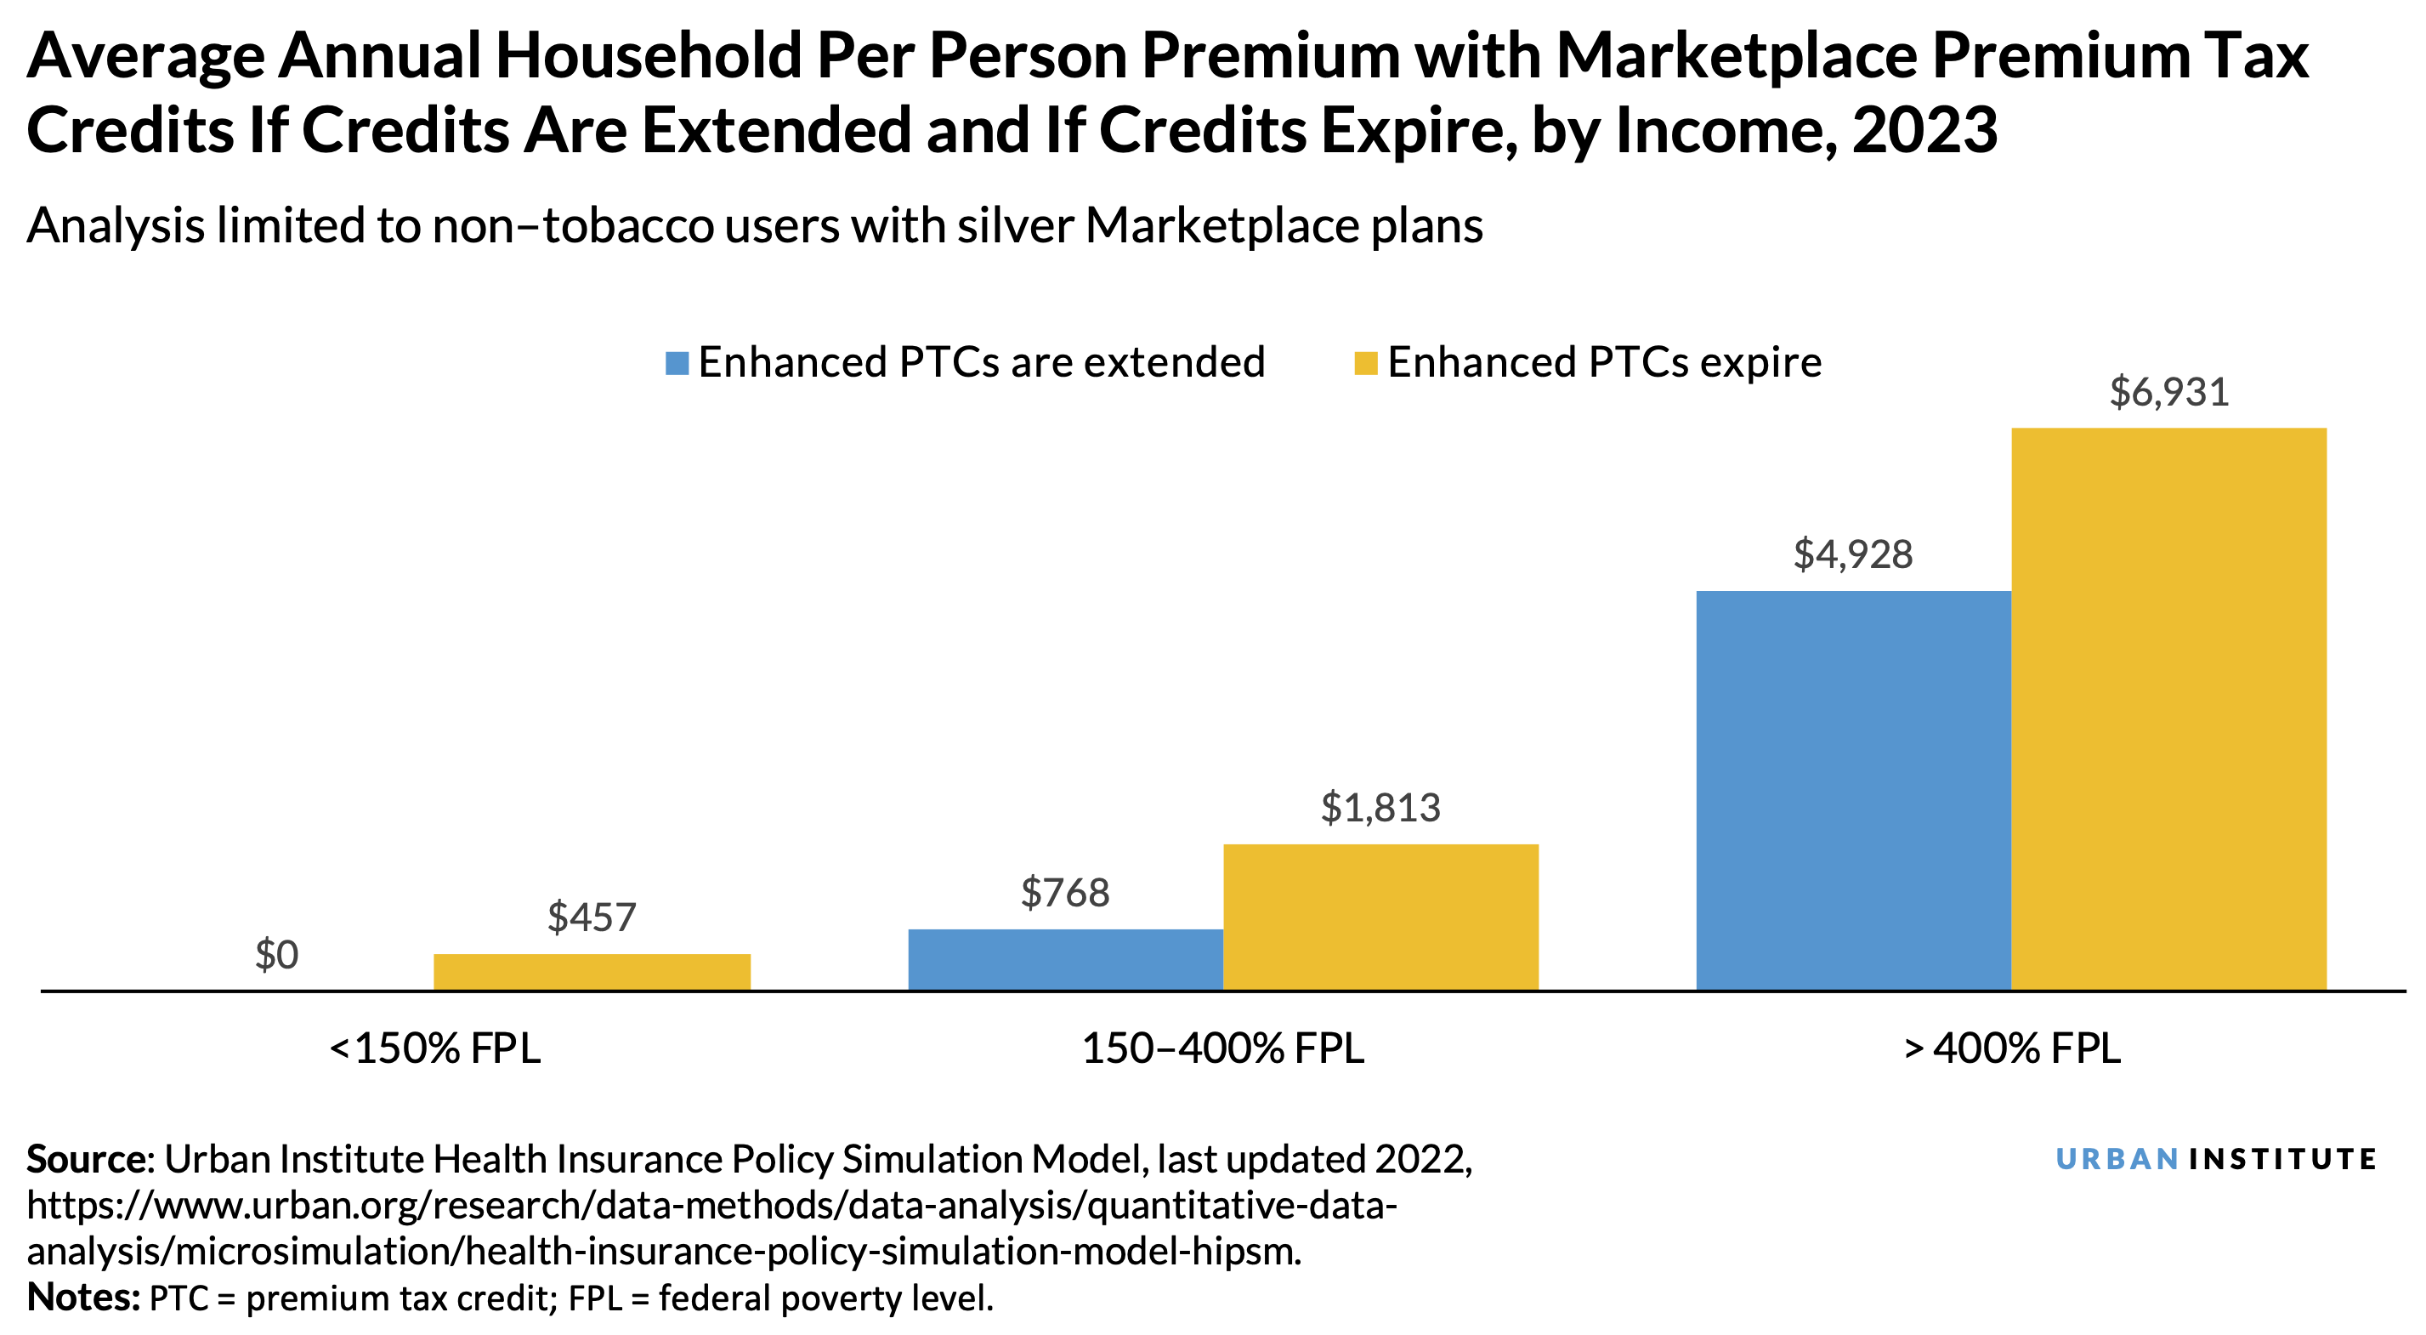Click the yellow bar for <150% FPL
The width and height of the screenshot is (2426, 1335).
tap(592, 971)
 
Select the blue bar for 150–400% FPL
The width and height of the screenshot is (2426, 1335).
tap(1065, 959)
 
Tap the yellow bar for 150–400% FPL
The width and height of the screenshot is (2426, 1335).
tap(1380, 917)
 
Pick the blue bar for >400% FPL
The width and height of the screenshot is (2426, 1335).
tap(1852, 789)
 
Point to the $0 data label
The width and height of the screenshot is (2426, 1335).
tap(277, 955)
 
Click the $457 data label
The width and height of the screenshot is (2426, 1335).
tap(592, 917)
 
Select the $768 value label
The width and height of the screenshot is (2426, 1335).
tap(1065, 892)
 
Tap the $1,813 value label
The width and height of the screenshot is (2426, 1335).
tap(1380, 808)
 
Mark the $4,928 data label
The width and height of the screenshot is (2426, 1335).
tap(1852, 554)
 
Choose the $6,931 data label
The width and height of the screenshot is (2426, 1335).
tap(2169, 392)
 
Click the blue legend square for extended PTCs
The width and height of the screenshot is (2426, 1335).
tap(676, 363)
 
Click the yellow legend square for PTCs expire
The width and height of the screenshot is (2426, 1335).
tap(1365, 363)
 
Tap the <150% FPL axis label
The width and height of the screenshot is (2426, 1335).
tap(435, 1048)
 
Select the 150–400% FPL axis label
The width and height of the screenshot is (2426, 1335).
tap(1222, 1048)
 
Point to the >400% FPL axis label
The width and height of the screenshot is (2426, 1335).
tap(2012, 1048)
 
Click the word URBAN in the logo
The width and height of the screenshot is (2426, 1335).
tap(2117, 1159)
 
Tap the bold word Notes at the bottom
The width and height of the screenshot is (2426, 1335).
tap(82, 1298)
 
